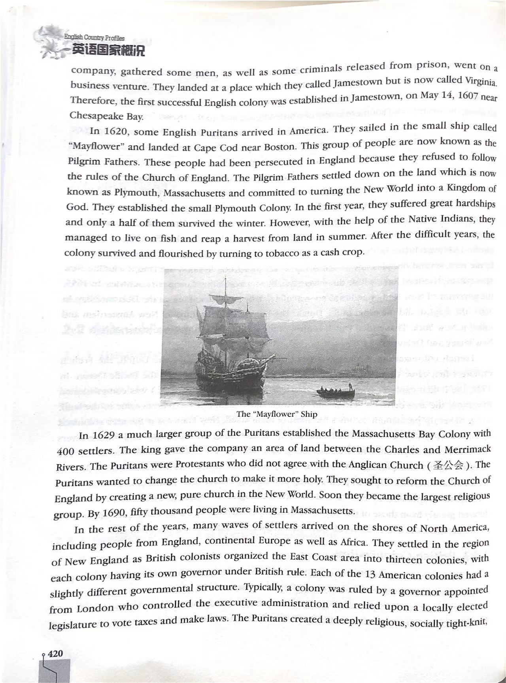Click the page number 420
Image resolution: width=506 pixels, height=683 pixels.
click(x=55, y=653)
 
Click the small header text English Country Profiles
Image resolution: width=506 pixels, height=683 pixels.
click(x=94, y=38)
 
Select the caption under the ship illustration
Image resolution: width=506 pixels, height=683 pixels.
click(x=277, y=414)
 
